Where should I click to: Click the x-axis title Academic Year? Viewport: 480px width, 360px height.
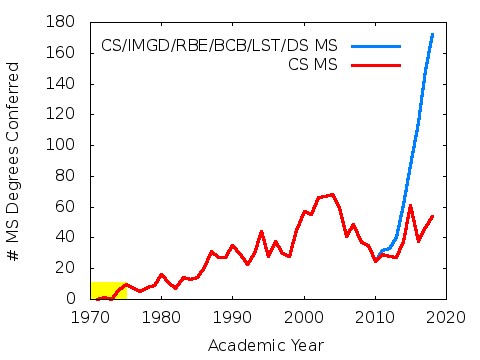pyautogui.click(x=265, y=345)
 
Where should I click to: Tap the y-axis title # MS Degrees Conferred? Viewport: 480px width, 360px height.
pyautogui.click(x=15, y=160)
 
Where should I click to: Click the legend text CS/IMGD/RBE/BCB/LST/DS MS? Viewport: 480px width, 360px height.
pyautogui.click(x=219, y=46)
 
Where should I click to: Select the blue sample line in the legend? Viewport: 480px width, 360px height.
pyautogui.click(x=375, y=46)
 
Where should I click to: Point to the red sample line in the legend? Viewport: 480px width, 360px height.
pyautogui.click(x=375, y=64)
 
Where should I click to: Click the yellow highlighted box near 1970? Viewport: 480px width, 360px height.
pyautogui.click(x=108, y=290)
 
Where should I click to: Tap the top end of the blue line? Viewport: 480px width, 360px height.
pyautogui.click(x=432, y=34)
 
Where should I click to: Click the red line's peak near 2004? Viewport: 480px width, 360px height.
pyautogui.click(x=332, y=194)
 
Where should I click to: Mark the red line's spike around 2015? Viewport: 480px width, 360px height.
pyautogui.click(x=410, y=206)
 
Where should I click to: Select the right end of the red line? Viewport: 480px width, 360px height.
pyautogui.click(x=432, y=216)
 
